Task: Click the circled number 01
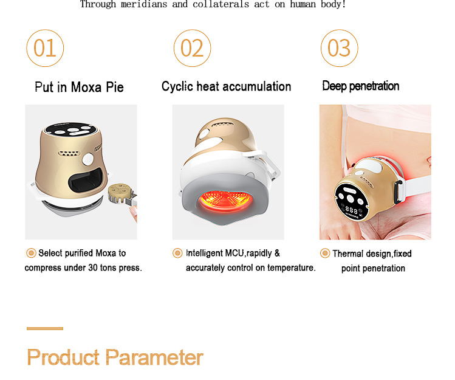[x=45, y=48]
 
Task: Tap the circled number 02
[x=192, y=48]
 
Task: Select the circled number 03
[x=339, y=48]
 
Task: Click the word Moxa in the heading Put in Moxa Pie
[x=86, y=87]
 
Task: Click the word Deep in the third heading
[x=334, y=86]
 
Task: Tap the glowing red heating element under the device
[x=225, y=200]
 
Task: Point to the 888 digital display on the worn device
[x=351, y=210]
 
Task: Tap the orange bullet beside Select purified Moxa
[x=31, y=253]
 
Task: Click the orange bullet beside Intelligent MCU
[x=177, y=253]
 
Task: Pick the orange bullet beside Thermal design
[x=325, y=254]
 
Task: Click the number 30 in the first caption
[x=92, y=268]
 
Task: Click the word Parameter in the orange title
[x=154, y=357]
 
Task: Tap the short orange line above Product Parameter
[x=45, y=328]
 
